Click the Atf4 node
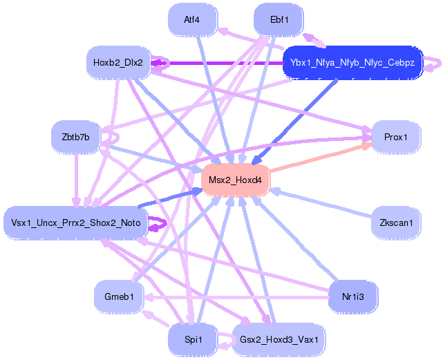(192, 20)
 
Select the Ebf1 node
(279, 20)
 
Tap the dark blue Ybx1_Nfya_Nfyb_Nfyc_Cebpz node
(352, 63)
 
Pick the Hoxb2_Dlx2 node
(118, 63)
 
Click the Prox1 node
(396, 138)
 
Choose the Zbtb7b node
(75, 137)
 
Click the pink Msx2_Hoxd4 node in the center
(235, 180)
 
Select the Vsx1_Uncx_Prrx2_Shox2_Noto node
(76, 222)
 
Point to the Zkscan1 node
(396, 222)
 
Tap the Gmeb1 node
(118, 296)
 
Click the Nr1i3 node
(352, 296)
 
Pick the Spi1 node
(192, 339)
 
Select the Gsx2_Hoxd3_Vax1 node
(279, 340)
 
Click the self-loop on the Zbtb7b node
(109, 141)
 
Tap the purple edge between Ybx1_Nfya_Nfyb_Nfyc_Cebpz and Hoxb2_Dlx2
(221, 63)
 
